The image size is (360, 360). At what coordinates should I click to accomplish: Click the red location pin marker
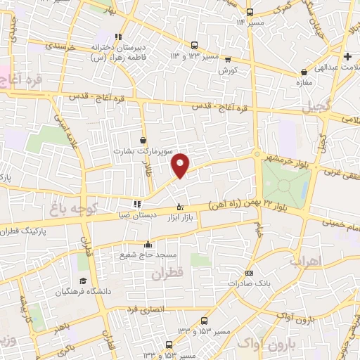(181, 165)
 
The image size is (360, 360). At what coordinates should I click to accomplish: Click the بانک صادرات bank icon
(249, 273)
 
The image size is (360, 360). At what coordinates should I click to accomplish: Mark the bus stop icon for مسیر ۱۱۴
(250, 12)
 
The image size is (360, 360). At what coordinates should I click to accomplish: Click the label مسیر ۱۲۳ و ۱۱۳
(194, 55)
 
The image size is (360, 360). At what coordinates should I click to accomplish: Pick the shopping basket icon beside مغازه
(304, 72)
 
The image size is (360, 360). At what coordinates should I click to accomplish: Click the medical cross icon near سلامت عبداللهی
(347, 56)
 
